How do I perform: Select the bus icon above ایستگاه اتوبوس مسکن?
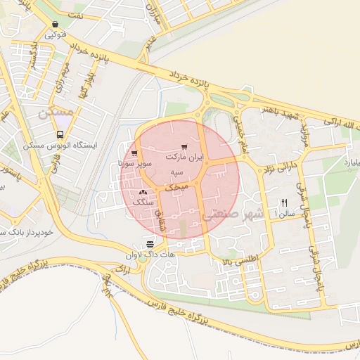60,134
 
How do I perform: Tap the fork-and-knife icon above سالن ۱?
284,202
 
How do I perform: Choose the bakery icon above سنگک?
143,191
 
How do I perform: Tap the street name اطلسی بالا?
240,260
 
